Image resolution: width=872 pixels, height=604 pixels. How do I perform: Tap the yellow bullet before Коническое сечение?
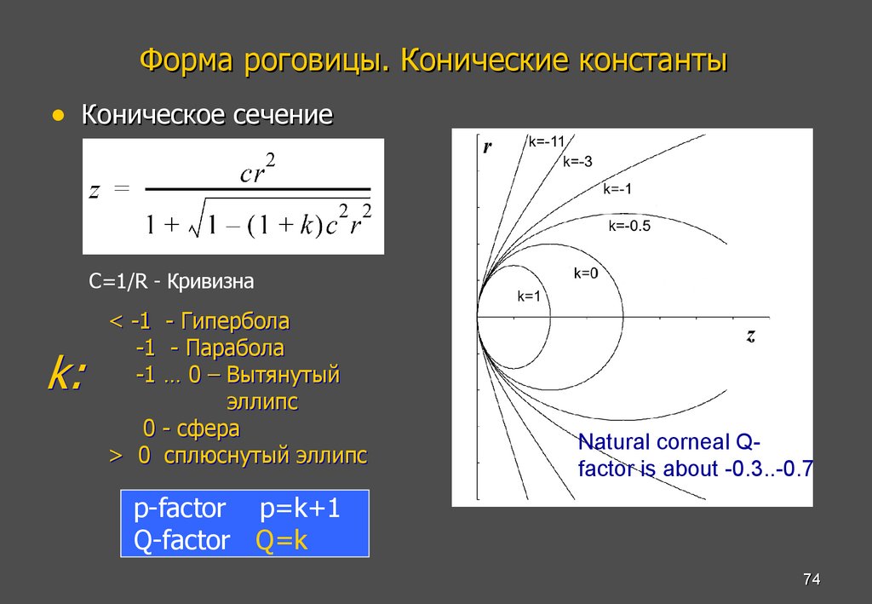[x=58, y=114]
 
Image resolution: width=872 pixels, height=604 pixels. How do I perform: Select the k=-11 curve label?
[x=547, y=142]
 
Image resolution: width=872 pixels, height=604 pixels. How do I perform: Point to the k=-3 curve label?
[x=577, y=163]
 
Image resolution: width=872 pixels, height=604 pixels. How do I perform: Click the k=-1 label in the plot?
[x=617, y=189]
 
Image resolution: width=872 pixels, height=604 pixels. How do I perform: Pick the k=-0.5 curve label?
[x=629, y=226]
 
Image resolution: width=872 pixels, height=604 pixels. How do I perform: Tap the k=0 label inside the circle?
[x=586, y=273]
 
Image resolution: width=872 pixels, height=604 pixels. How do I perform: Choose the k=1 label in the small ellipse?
[x=530, y=296]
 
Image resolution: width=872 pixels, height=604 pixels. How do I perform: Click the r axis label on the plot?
[x=488, y=147]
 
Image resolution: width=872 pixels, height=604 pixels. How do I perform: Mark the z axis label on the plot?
[x=750, y=336]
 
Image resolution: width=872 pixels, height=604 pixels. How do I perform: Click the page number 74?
[x=811, y=580]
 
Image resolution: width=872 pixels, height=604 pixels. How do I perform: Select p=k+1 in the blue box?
[x=301, y=509]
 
